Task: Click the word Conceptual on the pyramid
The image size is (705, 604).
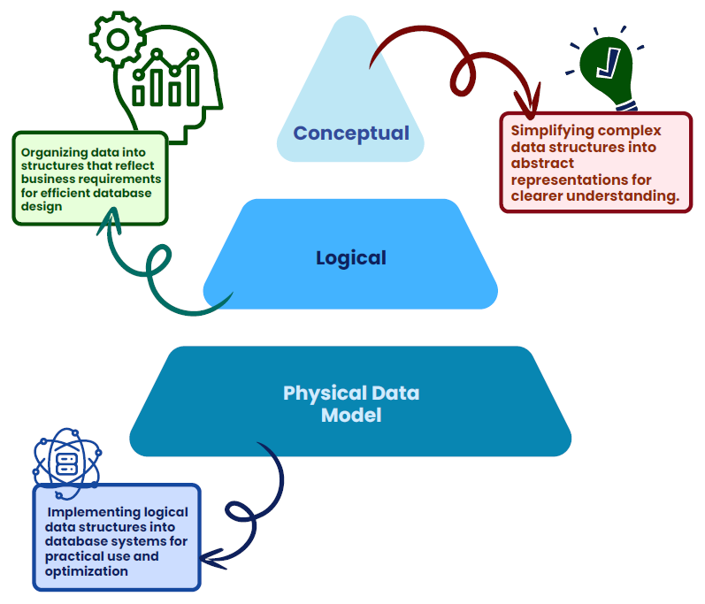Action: point(351,134)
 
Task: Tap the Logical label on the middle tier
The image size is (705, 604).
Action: point(351,258)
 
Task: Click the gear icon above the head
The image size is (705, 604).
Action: point(113,37)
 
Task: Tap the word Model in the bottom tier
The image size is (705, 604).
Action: point(351,415)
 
